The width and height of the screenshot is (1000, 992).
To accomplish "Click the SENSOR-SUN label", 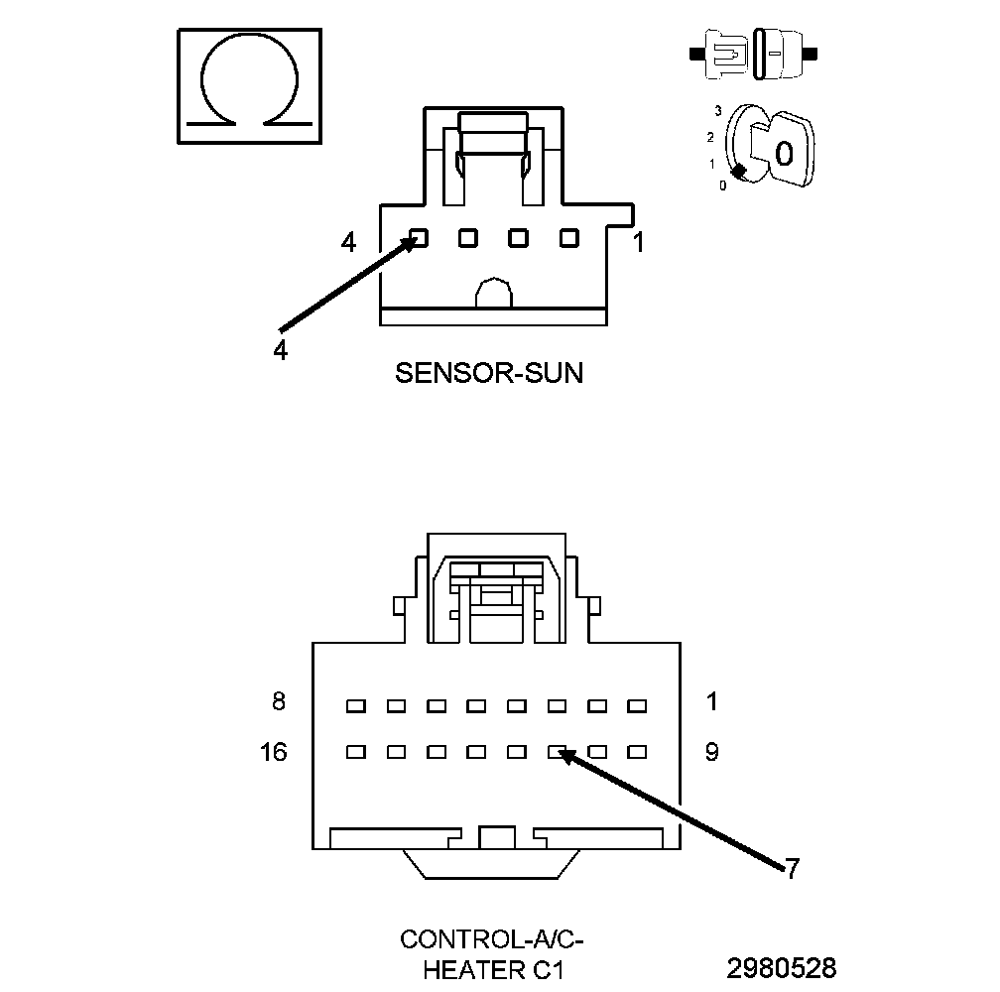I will [489, 373].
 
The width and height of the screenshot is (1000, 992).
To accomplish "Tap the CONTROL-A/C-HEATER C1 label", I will [485, 953].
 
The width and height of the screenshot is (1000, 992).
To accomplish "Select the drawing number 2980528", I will [782, 967].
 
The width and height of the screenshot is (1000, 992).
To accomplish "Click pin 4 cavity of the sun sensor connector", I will [419, 238].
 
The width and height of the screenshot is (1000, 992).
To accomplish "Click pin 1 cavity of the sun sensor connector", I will [568, 238].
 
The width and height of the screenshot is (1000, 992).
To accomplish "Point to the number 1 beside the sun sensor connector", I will [639, 241].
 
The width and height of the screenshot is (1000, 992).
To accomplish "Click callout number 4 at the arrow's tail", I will [281, 350].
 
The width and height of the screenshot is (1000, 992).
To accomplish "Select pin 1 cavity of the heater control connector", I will [637, 706].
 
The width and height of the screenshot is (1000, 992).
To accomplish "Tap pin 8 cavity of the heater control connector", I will [355, 706].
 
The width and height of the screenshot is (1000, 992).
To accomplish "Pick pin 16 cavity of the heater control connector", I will [355, 752].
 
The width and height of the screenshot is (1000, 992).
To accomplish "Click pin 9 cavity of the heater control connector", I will [637, 752].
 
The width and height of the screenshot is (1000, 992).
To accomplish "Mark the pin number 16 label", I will [274, 752].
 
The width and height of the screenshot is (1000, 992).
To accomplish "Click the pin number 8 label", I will [279, 701].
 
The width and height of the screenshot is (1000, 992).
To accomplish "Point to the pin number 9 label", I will [711, 752].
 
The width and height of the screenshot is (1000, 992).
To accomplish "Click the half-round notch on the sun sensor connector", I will [493, 294].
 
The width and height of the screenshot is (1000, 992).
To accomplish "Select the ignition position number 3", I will [717, 111].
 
